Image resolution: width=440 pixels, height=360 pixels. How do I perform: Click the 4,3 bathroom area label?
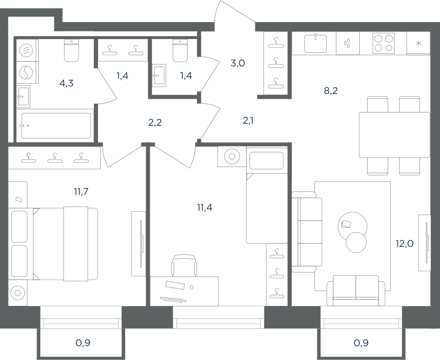pos(66,84)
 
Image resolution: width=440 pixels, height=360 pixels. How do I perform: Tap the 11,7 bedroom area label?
pos(81,192)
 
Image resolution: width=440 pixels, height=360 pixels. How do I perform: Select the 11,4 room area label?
pos(204,207)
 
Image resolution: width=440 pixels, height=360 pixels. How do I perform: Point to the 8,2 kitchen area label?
pos(331,90)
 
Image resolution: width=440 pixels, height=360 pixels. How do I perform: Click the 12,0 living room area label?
pos(404,244)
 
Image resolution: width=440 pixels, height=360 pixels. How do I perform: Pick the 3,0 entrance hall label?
pos(238,64)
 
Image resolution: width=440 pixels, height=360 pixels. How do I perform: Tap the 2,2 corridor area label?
pos(155,122)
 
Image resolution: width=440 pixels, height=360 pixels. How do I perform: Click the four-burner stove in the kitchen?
pos(383,43)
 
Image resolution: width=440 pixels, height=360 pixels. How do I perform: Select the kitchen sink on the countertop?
pos(316,43)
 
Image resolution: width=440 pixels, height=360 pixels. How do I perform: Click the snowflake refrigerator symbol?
pos(418,43)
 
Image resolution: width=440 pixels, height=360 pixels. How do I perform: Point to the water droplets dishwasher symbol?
pos(348,43)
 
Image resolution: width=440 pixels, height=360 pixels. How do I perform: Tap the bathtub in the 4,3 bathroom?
pos(56,126)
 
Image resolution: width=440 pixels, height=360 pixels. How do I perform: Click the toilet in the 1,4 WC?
pos(180,50)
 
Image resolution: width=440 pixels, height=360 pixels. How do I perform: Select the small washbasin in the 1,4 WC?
pos(159,75)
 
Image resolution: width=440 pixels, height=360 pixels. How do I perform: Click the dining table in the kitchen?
pos(394,135)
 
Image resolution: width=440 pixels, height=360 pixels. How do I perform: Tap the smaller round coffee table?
pos(356,242)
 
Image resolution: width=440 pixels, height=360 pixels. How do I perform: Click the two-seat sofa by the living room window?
pos(356,291)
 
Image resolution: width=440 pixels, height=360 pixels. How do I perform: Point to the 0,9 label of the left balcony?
pos(83,342)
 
